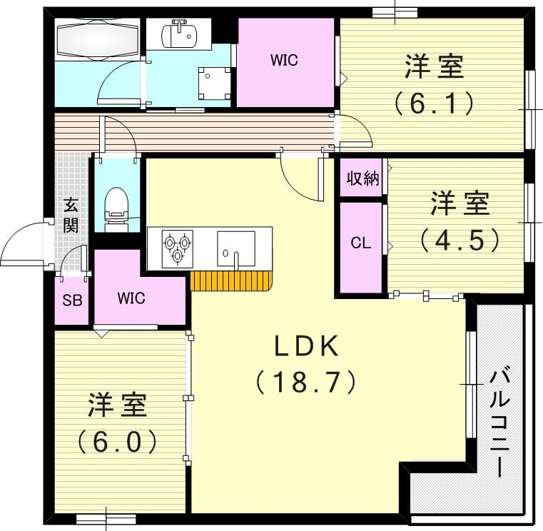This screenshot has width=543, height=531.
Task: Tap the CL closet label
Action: (x=360, y=243)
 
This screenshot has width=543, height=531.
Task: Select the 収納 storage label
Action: (x=362, y=179)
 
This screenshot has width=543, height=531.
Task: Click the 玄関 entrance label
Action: (x=71, y=216)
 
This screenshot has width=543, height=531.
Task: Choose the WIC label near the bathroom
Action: (x=283, y=61)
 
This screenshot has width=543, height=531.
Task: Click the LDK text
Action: (x=306, y=347)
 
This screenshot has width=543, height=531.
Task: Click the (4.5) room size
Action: (x=460, y=240)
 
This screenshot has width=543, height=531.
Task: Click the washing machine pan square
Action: (x=213, y=83)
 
